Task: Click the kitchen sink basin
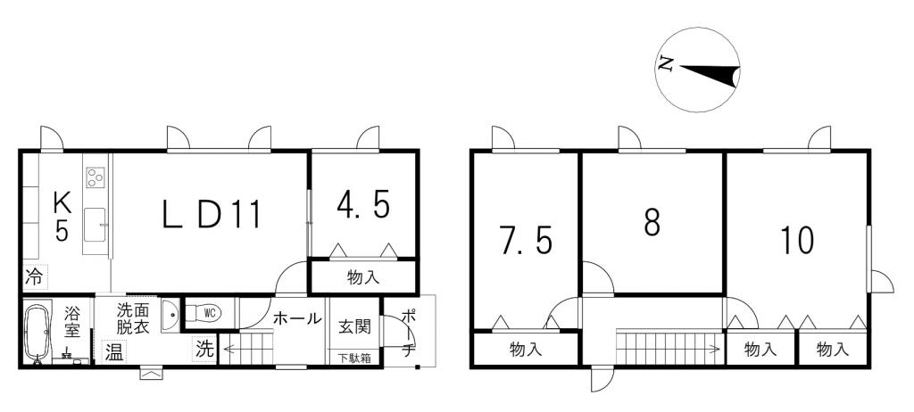tap(95, 225)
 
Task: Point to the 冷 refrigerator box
tap(35, 277)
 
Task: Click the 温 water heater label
tap(114, 352)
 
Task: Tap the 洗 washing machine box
tap(204, 350)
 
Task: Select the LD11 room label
tap(211, 214)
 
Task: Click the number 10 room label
tap(796, 240)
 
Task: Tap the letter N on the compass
tap(666, 63)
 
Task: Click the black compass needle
tap(710, 75)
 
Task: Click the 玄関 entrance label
tap(354, 326)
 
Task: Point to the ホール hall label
tap(297, 318)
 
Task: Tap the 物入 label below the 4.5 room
tap(363, 277)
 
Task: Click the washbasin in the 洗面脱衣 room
tap(170, 316)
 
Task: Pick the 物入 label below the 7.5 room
tap(525, 350)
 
